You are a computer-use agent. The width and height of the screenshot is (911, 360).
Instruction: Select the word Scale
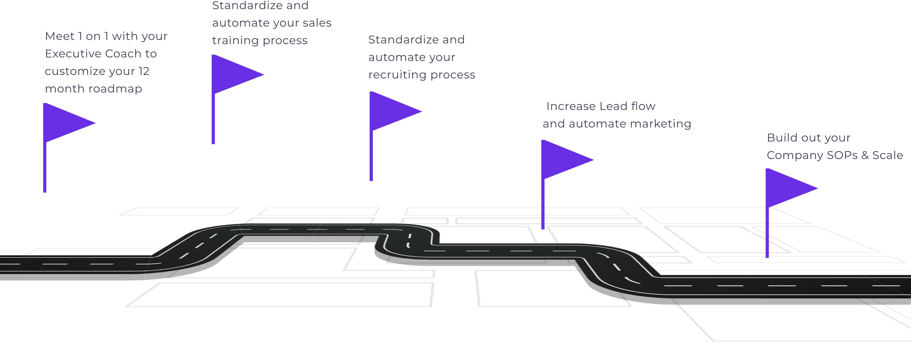point(888,155)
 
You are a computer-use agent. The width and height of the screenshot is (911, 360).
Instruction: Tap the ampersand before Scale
point(865,155)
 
